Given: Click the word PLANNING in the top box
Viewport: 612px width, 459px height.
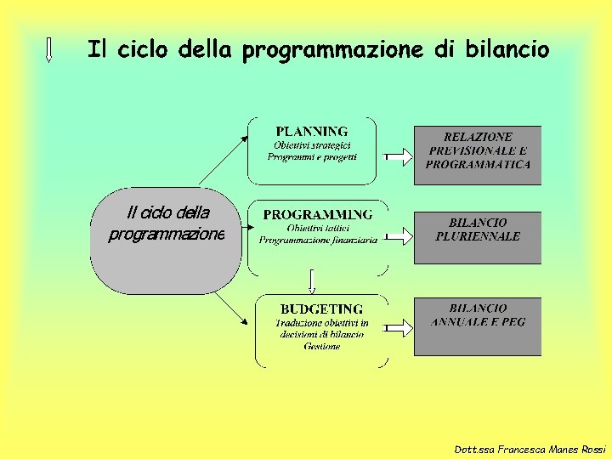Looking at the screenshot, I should [312, 132].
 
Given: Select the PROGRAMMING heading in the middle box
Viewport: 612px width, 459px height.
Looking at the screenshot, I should [317, 214].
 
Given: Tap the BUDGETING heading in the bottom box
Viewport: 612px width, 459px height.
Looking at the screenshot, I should [321, 309].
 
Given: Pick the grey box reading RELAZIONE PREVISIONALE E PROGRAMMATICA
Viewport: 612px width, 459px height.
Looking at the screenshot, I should [478, 156].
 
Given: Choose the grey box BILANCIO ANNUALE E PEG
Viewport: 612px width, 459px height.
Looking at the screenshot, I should [478, 326].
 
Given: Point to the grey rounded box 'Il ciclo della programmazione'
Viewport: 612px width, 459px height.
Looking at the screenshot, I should [166, 241].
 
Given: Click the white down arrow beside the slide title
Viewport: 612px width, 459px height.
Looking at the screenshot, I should [48, 49].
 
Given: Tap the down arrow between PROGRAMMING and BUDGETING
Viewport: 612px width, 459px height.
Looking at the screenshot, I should [312, 281].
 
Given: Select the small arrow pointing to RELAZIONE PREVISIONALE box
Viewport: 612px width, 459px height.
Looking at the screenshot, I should [398, 156].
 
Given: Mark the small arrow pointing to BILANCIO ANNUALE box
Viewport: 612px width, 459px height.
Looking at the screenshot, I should [398, 326].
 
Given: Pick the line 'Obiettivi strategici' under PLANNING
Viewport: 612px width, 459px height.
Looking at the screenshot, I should [312, 145].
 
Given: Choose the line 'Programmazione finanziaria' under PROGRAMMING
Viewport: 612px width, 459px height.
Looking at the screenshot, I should [319, 241].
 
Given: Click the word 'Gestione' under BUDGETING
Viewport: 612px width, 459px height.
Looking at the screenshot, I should [321, 346].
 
